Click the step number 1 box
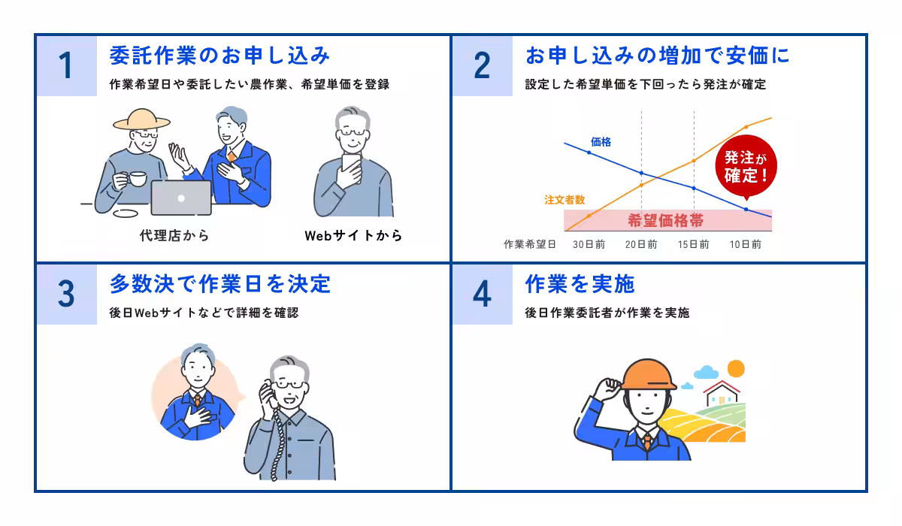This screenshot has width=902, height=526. [x=67, y=66]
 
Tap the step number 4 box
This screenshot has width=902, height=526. [x=482, y=294]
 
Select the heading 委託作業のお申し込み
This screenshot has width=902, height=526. [x=219, y=56]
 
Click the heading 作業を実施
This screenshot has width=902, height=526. [x=580, y=283]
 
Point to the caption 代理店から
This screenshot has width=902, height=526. [x=174, y=235]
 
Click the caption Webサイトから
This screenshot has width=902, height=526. [x=353, y=235]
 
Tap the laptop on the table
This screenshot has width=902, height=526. [x=181, y=198]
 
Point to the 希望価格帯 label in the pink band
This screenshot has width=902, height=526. [x=665, y=220]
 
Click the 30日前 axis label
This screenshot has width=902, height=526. [x=589, y=244]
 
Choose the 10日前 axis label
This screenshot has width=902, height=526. [x=746, y=244]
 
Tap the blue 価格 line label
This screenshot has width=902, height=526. [x=601, y=141]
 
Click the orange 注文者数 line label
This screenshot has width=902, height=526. [x=565, y=200]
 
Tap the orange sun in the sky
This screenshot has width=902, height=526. [x=735, y=368]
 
